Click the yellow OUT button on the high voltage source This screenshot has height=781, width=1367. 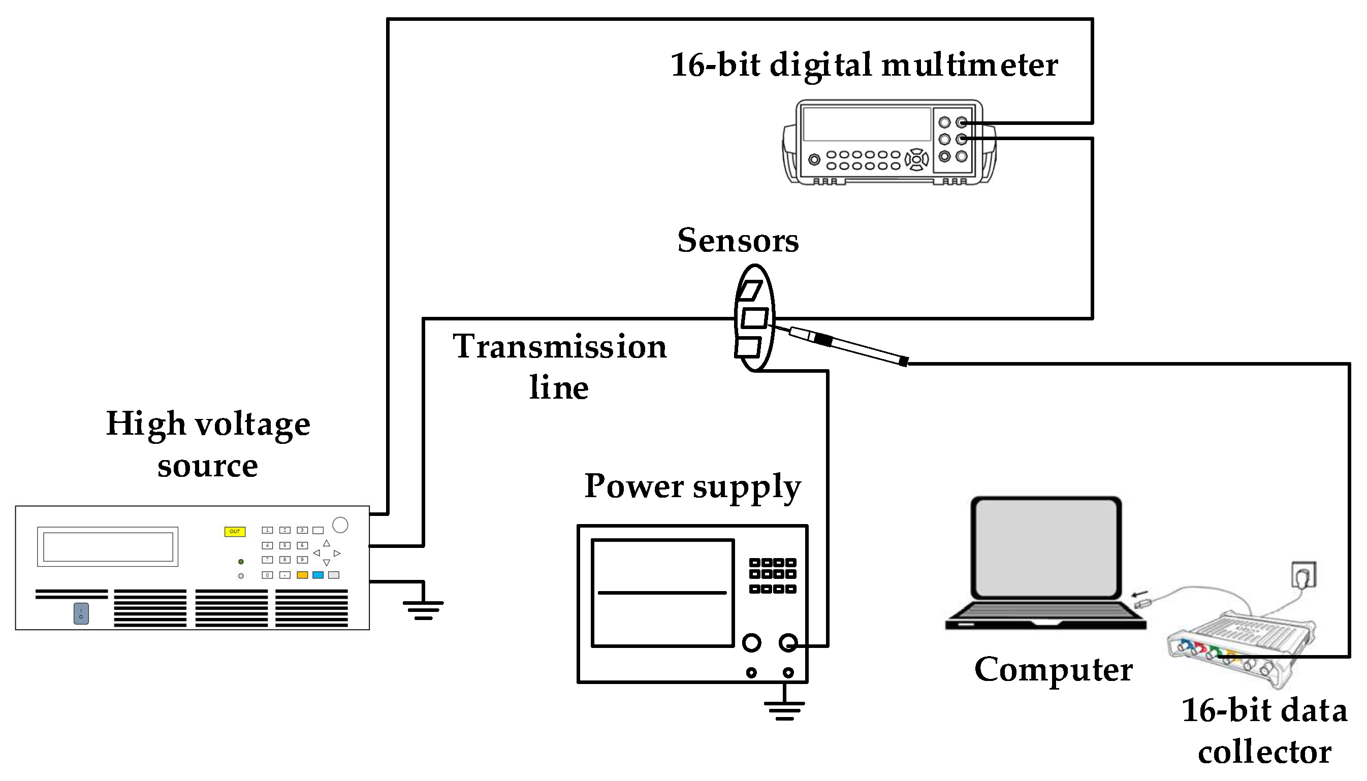(235, 532)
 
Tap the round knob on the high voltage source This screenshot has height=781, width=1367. (340, 525)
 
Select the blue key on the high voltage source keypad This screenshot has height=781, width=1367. (317, 575)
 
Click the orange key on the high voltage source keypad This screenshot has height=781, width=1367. (302, 575)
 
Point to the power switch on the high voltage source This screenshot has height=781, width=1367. (81, 613)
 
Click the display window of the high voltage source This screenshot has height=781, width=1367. (108, 546)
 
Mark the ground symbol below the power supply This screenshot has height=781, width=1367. (784, 711)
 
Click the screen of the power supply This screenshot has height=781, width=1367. (662, 593)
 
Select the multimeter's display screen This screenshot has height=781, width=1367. (867, 124)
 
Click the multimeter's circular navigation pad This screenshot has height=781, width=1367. (917, 159)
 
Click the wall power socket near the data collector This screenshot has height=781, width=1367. (1303, 575)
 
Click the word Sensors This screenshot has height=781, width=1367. (738, 240)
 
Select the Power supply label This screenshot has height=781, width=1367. (692, 486)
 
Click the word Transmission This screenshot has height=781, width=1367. (560, 346)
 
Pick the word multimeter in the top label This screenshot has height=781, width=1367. (969, 65)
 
